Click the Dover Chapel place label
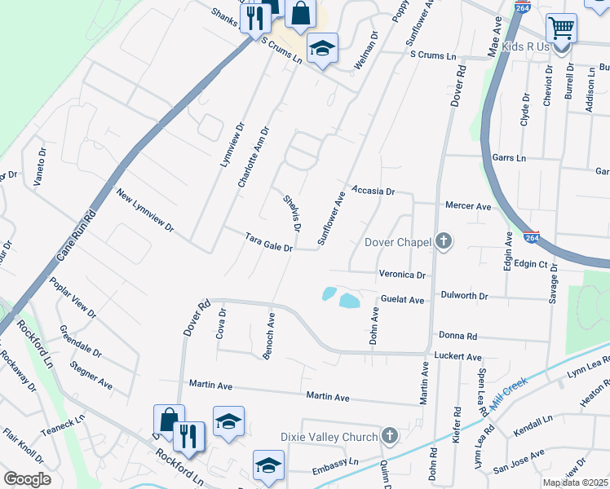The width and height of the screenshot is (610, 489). pos(396,242)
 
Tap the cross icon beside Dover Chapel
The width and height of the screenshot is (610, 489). pos(443,240)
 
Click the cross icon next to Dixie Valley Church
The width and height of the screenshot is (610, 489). pos(390,434)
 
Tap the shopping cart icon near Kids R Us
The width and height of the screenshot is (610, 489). pos(561,29)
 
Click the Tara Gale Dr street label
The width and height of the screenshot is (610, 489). pos(268,241)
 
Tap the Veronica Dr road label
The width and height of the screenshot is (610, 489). pos(402,275)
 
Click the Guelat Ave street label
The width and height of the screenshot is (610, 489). pos(402,301)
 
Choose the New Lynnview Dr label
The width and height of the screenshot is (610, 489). pos(145,210)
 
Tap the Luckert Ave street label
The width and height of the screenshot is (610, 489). pos(459,357)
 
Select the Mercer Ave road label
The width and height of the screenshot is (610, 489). pos(467,207)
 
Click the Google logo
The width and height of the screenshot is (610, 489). pos(27,479)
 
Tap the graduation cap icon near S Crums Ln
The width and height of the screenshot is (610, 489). pos(323,49)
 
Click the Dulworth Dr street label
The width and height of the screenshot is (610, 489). pos(463,296)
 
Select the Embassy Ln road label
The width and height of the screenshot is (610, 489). pos(335,466)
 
